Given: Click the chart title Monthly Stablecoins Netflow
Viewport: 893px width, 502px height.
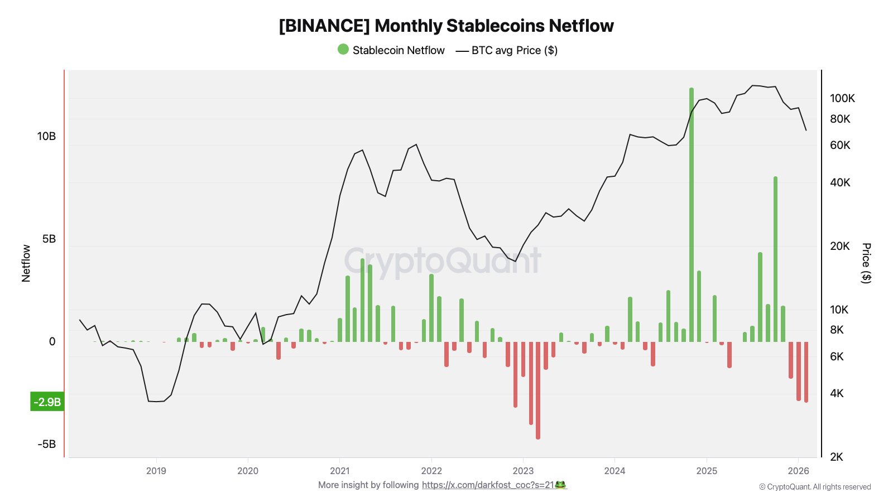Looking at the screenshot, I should click(446, 26).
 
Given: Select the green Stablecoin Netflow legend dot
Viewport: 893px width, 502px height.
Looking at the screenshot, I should click(343, 50).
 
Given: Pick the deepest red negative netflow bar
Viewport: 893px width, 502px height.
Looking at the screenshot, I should click(538, 390).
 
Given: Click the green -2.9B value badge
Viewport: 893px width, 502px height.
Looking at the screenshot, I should click(47, 402).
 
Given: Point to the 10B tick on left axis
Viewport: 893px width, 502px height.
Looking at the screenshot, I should click(47, 136).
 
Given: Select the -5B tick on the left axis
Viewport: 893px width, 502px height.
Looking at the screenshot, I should click(47, 444).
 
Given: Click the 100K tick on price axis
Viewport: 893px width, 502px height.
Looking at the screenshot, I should click(842, 98).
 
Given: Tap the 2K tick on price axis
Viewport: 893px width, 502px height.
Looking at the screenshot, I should click(837, 457).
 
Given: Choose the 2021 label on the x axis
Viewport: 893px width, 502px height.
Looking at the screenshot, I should click(339, 471).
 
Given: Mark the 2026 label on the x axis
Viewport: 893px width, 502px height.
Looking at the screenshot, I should click(798, 471).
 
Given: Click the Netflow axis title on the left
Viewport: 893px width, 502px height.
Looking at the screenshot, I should click(26, 263).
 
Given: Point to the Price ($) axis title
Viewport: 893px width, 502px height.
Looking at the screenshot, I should click(866, 263).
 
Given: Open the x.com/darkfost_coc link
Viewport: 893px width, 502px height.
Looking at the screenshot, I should click(488, 485).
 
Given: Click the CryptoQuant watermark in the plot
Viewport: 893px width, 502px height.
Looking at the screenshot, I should click(443, 260).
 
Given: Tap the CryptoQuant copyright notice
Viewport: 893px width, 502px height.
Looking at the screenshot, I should click(815, 487).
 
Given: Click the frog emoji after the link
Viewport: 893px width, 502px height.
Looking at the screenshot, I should click(561, 485).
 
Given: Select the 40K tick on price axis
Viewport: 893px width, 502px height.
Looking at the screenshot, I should click(840, 182).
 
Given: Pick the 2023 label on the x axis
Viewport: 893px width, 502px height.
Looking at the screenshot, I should click(523, 471).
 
